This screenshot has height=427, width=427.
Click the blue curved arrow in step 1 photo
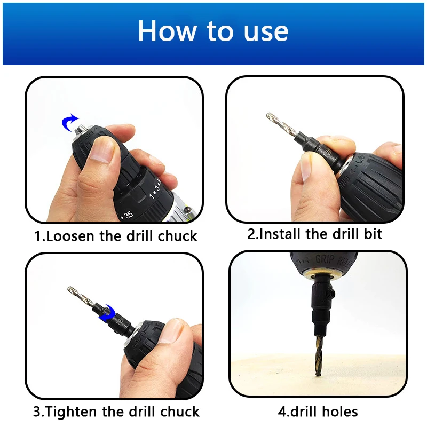point(70,122)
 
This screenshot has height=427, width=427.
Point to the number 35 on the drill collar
point(128,215)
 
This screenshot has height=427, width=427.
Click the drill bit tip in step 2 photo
point(267,116)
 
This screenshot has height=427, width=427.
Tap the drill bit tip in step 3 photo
point(70,289)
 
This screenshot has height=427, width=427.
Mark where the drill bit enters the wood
point(318,373)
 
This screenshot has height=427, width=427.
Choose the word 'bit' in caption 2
point(371,234)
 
